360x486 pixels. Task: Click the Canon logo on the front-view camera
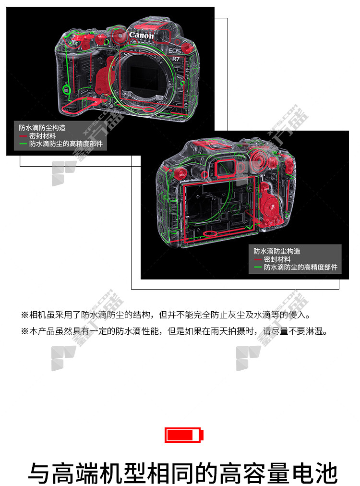pyautogui.click(x=141, y=36)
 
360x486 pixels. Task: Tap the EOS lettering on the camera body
pyautogui.click(x=174, y=51)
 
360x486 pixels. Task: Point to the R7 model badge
pyautogui.click(x=176, y=59)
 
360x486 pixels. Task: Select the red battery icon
pyautogui.click(x=184, y=435)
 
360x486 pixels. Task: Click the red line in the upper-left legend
pyautogui.click(x=23, y=136)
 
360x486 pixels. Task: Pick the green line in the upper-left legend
pyautogui.click(x=23, y=144)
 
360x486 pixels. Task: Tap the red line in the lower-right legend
pyautogui.click(x=258, y=259)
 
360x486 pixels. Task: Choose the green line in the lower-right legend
pyautogui.click(x=258, y=267)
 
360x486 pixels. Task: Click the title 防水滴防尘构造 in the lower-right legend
pyautogui.click(x=276, y=251)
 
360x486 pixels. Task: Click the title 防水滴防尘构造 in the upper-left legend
pyautogui.click(x=42, y=128)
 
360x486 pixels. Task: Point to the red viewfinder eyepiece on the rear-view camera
pyautogui.click(x=225, y=168)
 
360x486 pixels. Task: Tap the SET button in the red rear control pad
pyautogui.click(x=272, y=206)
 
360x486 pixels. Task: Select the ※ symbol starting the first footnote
pyautogui.click(x=25, y=315)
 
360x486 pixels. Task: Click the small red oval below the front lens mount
pyautogui.click(x=149, y=109)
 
